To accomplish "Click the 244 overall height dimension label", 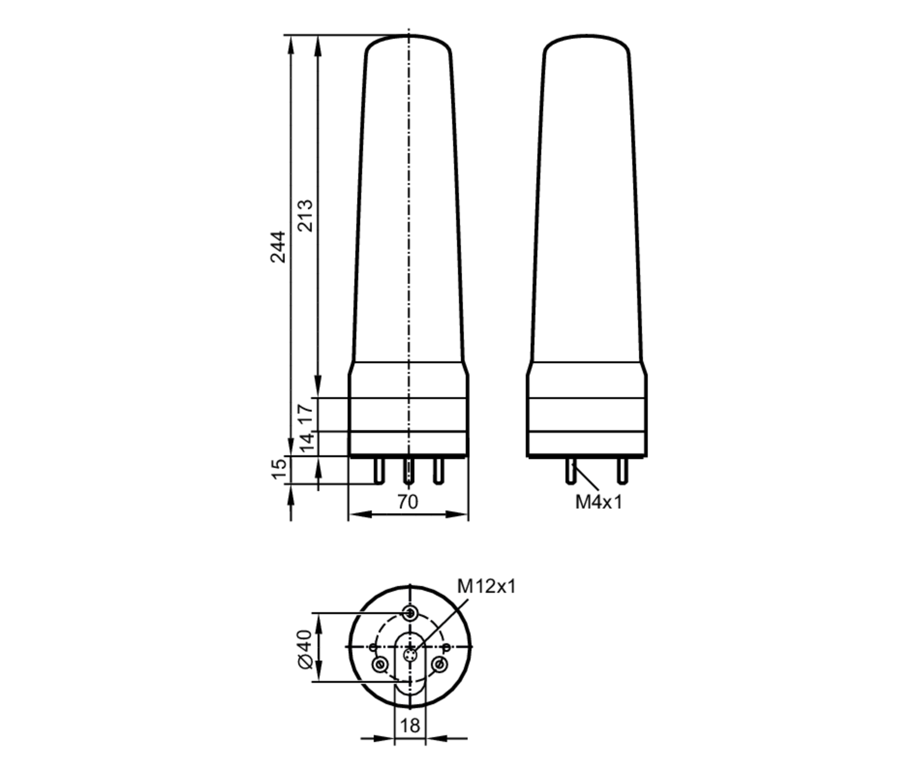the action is pos(278,247).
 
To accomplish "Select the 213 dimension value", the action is pos(305,216).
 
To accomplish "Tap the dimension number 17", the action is pos(306,414).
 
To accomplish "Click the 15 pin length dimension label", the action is pos(279,470).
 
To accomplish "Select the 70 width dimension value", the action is pos(408,502).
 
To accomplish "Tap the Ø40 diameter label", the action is pos(306,649).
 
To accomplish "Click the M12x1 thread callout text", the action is pos(486,586).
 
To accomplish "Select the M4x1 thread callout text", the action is pos(599,502).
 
